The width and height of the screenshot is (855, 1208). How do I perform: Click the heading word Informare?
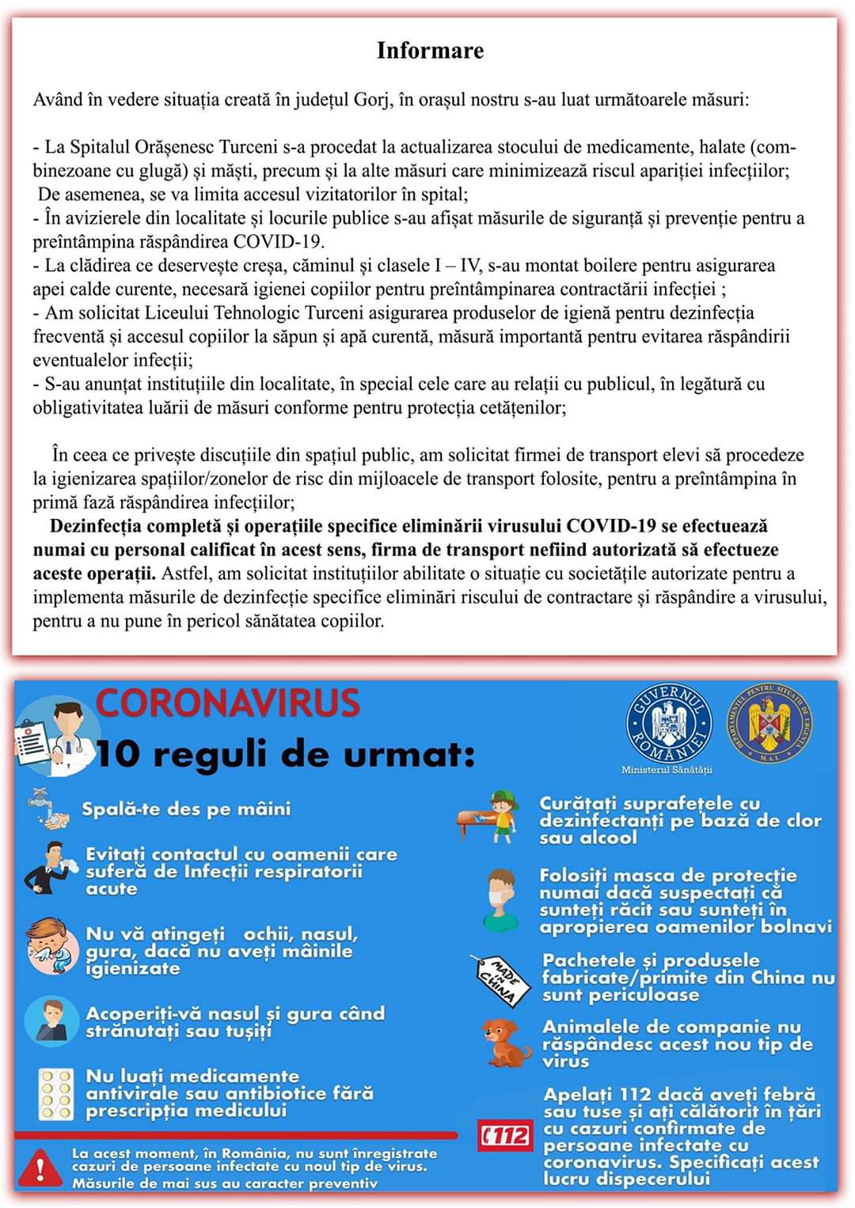pos(430,51)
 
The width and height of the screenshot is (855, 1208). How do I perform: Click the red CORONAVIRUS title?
pos(228,702)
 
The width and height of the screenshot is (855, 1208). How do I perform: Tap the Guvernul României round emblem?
pos(667,724)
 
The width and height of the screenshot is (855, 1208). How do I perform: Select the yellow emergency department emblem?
pos(769,723)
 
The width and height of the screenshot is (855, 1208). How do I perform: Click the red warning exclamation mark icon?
pos(40,1168)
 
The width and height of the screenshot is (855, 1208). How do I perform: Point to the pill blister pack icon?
pos(55,1094)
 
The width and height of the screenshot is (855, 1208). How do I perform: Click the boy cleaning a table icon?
pos(491,819)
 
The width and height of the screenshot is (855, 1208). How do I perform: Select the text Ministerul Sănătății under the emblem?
pos(667,769)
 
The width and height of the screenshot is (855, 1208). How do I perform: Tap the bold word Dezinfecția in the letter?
pos(97,527)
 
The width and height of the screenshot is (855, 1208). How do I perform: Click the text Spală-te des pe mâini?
pos(186,808)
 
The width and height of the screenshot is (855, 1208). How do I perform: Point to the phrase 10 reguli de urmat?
pos(285,755)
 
